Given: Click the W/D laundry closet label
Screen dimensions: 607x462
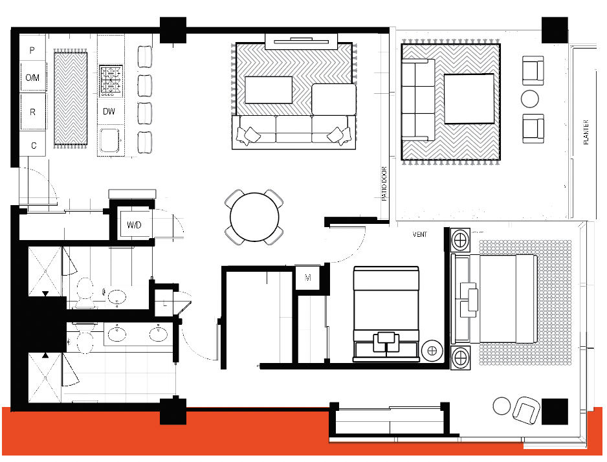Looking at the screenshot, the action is point(134,225).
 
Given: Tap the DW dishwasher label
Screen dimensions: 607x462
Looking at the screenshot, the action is point(109,111).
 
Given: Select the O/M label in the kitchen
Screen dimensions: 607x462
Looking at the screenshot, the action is point(32,78).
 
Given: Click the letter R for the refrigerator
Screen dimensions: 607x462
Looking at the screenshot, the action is point(32,112).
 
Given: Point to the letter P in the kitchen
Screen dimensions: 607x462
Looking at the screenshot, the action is point(32,50).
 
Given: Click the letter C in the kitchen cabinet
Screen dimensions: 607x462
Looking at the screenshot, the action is point(34,146).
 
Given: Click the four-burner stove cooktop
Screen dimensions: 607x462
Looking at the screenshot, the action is point(111,81).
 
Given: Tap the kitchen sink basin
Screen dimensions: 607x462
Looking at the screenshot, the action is point(109,140).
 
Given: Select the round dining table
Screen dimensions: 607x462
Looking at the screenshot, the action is point(254,217).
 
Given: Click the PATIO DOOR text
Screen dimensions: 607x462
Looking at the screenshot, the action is point(384,184).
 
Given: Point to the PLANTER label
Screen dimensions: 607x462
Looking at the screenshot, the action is point(586,133).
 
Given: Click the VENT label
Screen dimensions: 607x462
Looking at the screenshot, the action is point(419,234).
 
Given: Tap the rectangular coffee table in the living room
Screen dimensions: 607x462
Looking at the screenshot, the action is point(269,90).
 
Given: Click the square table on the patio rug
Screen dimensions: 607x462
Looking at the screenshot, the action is point(469,98).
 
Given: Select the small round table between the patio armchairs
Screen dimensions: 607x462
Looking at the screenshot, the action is point(529,98).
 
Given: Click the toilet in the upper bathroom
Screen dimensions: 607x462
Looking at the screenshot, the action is point(85,293).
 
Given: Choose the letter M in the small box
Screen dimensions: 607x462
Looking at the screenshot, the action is point(308,278).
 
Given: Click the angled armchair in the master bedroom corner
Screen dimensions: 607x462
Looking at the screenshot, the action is point(526,410).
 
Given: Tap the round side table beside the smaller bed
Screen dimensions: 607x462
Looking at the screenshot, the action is point(432,351).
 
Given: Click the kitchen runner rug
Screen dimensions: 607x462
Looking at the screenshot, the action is point(71,98).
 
